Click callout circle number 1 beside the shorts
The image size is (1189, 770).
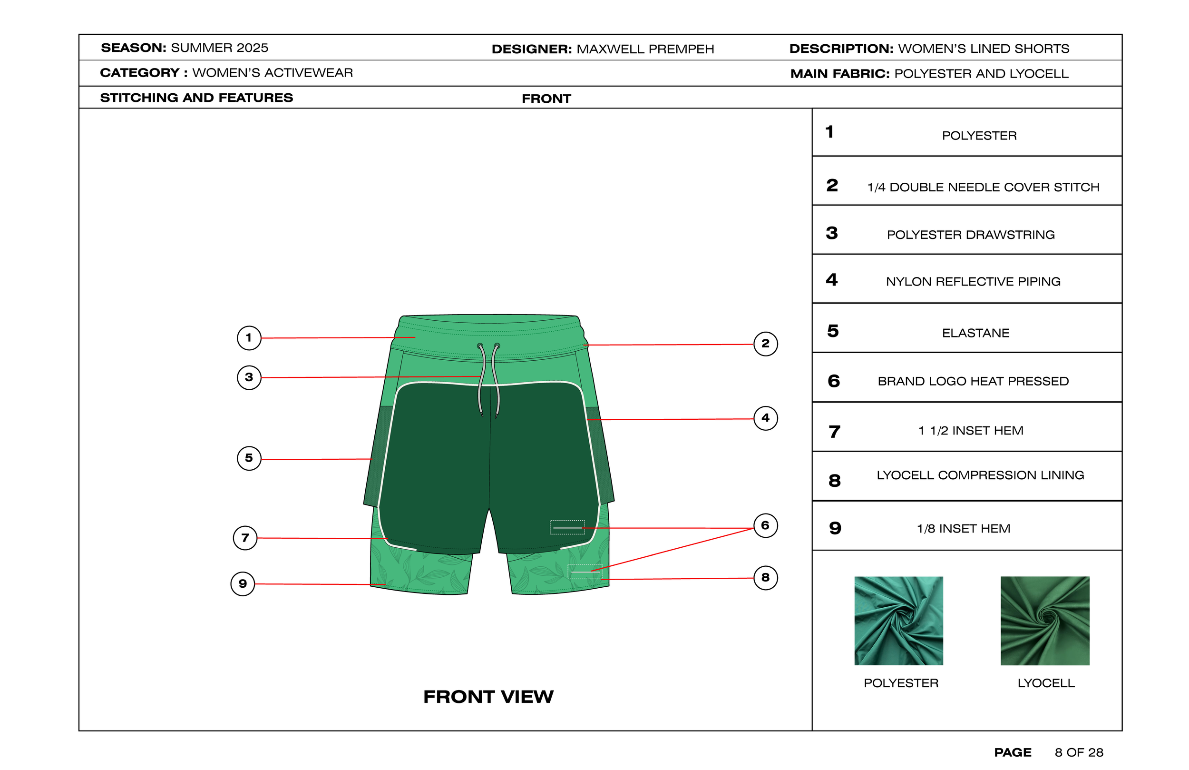[249, 338]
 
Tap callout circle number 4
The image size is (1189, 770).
[765, 418]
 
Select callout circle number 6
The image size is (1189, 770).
[765, 525]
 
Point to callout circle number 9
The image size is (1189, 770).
[243, 583]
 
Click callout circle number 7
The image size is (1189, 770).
[245, 538]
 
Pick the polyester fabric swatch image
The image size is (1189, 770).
[898, 621]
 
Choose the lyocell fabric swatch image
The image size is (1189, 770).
[1044, 621]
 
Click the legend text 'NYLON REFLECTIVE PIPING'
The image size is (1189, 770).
[973, 282]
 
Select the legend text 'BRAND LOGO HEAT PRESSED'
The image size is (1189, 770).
[973, 381]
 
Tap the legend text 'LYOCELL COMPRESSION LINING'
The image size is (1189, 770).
[980, 475]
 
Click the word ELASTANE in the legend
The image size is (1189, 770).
[975, 333]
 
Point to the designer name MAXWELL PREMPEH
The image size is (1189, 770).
[645, 49]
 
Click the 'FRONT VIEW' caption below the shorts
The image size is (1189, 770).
[488, 697]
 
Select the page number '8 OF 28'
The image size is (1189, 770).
[1079, 752]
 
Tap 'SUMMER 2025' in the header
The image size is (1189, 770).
[219, 48]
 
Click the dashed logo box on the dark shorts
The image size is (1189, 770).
[567, 527]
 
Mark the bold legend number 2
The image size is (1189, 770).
[832, 186]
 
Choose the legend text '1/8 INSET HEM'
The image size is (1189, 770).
[963, 529]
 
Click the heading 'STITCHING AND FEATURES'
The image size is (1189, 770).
[196, 98]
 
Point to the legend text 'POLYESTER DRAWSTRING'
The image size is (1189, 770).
[970, 235]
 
